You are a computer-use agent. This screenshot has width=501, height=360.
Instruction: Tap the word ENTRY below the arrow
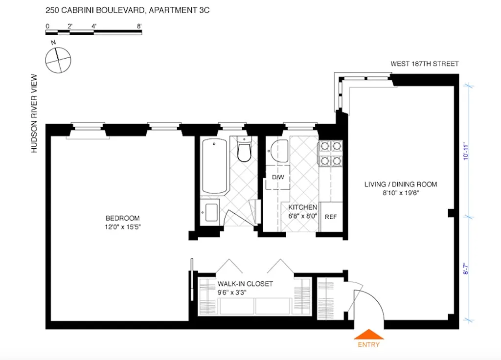(368, 344)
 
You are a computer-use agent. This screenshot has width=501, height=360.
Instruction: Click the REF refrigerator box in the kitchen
(331, 217)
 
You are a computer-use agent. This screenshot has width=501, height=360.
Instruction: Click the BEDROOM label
(123, 218)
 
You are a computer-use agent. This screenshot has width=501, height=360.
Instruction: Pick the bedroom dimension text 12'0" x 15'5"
(123, 226)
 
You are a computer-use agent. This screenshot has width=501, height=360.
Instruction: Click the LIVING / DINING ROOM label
(400, 184)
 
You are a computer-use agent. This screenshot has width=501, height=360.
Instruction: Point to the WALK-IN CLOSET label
(245, 284)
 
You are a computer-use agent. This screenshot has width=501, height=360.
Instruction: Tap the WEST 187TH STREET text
(424, 64)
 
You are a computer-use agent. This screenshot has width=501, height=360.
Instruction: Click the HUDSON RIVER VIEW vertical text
(34, 113)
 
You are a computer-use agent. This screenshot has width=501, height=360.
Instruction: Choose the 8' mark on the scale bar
(140, 26)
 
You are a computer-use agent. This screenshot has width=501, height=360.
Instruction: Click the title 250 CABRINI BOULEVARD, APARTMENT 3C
(128, 10)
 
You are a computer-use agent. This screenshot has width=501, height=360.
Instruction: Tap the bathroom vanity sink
(211, 214)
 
